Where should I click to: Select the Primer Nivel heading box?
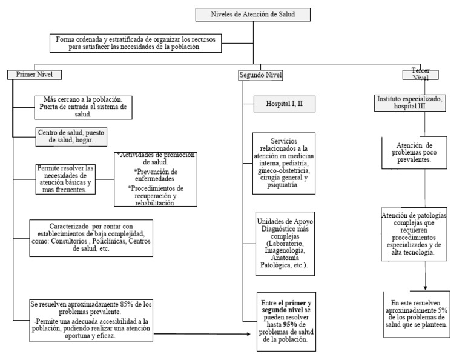[35, 75]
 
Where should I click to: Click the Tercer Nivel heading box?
[420, 74]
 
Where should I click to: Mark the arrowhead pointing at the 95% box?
[249, 333]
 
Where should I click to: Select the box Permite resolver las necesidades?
[64, 179]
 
